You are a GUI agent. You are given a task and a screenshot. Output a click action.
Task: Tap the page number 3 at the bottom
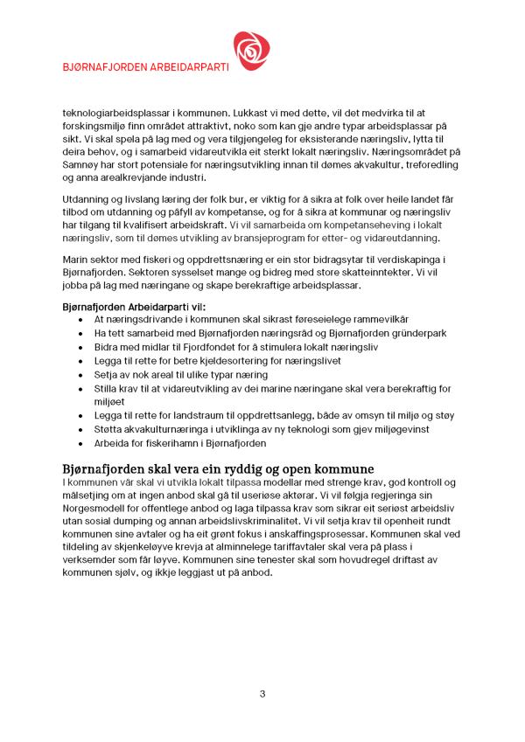pyautogui.click(x=262, y=694)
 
